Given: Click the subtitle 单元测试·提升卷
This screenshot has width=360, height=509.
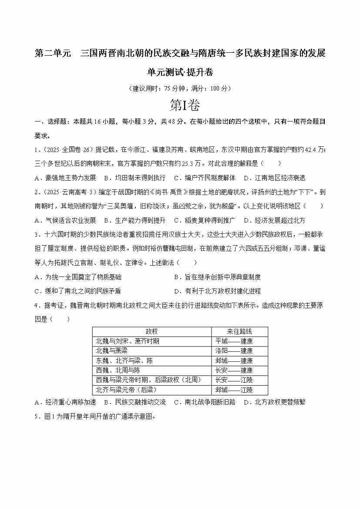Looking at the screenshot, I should (x=180, y=72).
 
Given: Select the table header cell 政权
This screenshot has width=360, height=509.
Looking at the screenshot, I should (x=152, y=331).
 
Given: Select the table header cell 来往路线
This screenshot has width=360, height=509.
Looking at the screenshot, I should (x=239, y=331).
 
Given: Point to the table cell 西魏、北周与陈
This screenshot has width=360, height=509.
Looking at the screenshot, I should (x=118, y=370).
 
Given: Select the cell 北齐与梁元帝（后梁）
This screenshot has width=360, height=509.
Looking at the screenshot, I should (x=126, y=390).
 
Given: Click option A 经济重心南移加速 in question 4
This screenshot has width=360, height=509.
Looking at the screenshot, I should (x=65, y=402).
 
